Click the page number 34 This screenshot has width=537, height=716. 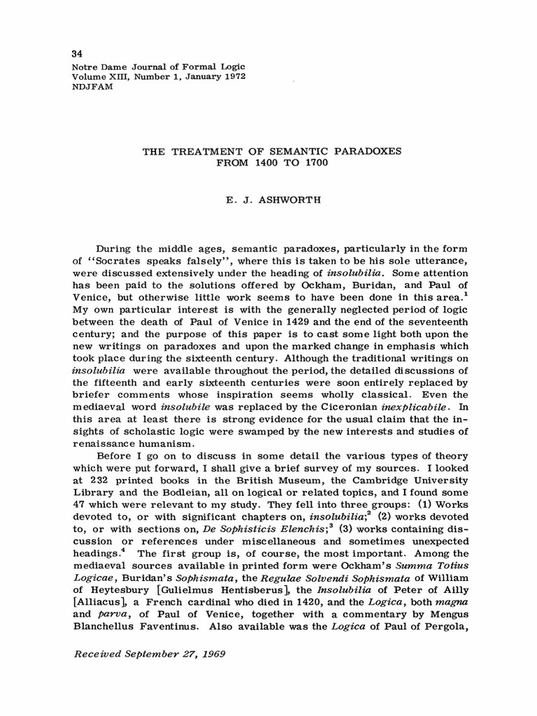click(x=78, y=55)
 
